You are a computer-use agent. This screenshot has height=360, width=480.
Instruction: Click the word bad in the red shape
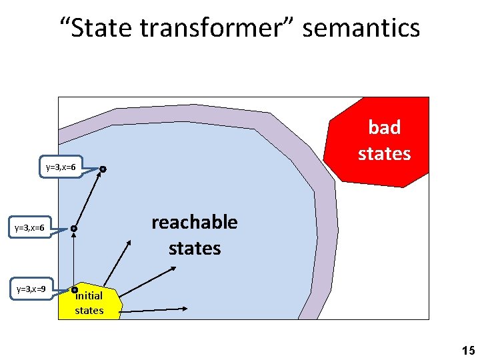click(384, 128)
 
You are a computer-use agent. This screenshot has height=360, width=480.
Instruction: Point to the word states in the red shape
click(384, 153)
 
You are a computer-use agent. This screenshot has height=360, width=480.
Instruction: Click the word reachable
click(194, 222)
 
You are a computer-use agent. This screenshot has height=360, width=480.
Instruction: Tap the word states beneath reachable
click(194, 249)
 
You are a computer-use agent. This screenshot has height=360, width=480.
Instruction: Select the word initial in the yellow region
click(90, 296)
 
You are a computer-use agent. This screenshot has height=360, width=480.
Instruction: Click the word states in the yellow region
click(89, 310)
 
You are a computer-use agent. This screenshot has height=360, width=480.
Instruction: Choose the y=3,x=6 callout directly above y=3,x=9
click(31, 228)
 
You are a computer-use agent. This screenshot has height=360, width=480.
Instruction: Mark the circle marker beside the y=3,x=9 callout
click(75, 290)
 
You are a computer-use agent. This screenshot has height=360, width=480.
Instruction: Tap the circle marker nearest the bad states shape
click(103, 170)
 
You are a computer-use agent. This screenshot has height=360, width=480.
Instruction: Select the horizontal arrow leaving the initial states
click(153, 309)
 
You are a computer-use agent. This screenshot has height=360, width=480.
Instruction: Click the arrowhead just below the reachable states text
click(173, 268)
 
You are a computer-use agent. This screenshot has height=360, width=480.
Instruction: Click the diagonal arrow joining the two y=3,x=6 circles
click(89, 199)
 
